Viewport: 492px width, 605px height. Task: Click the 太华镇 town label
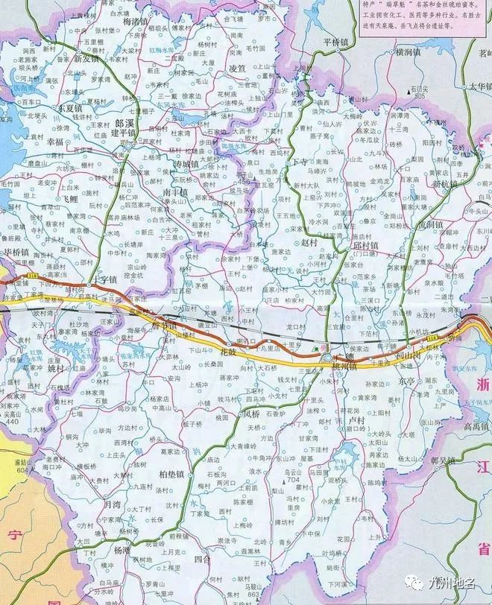click(x=478, y=87)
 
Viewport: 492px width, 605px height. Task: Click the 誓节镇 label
click(x=163, y=326)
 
